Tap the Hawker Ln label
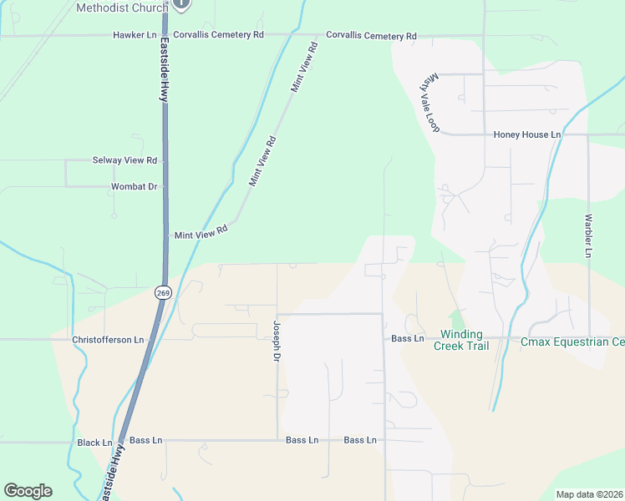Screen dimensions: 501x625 coord(135,36)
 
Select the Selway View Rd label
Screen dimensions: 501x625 coord(124,159)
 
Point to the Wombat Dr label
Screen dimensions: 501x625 coord(135,186)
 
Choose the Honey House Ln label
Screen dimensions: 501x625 coord(527,134)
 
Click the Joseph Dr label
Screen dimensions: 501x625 coord(276,340)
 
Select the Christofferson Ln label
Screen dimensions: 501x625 coord(108,340)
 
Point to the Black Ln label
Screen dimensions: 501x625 coord(94,443)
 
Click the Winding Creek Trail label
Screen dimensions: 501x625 coord(460,340)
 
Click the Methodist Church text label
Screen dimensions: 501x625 coord(121,8)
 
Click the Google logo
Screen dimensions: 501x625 coord(28,491)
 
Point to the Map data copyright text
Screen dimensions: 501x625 coord(589,494)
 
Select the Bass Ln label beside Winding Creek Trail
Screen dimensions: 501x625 coord(408,338)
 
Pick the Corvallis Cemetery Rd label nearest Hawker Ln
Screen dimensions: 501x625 coord(218,36)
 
